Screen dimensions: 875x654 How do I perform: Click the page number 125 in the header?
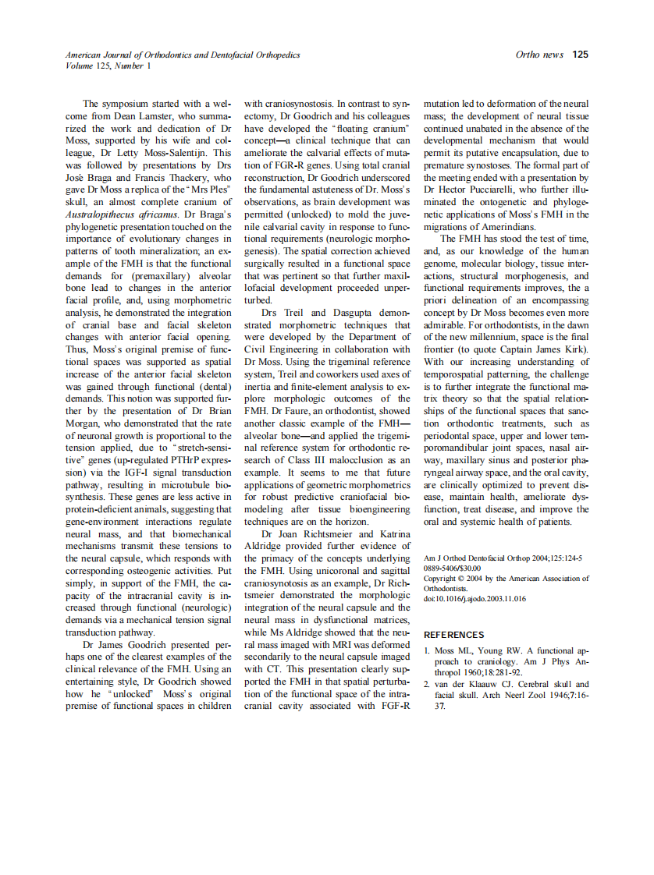point(580,55)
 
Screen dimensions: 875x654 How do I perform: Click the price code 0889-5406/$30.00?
point(452,569)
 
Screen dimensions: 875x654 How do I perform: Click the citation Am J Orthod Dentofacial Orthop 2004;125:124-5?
point(503,558)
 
